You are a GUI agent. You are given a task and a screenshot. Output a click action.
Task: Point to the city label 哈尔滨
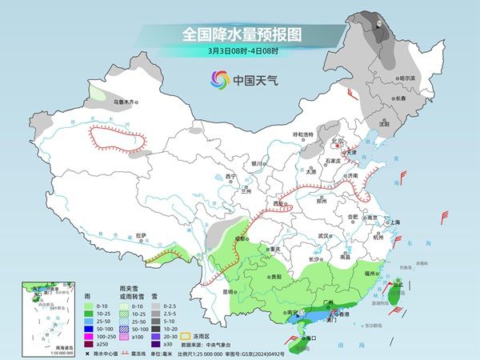[408, 78]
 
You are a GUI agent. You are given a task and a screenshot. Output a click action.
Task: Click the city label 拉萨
[142, 235]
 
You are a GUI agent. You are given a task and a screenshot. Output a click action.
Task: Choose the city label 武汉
[324, 236]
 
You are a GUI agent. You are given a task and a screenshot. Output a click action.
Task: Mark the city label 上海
[394, 222]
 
